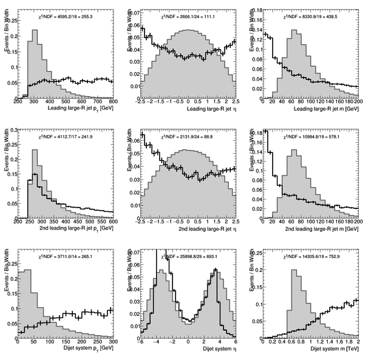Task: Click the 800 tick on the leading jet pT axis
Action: [113, 101]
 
